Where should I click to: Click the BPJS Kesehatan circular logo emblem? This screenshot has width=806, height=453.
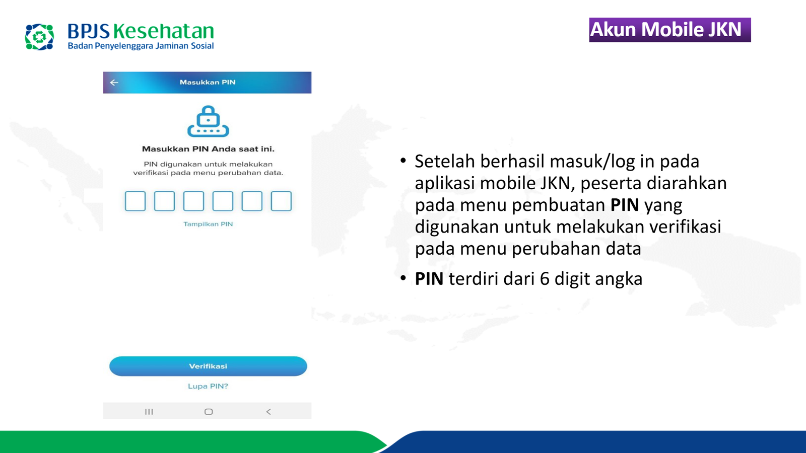tap(40, 37)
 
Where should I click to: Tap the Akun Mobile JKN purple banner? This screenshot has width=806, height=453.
tap(669, 30)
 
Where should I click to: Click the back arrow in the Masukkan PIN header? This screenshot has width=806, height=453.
tap(114, 83)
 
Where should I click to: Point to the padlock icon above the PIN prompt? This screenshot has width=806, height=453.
tap(208, 121)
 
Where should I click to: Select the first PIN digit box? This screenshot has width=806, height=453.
tap(136, 201)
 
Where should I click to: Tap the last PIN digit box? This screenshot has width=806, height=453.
tap(281, 201)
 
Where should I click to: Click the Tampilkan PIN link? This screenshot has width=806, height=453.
tap(208, 224)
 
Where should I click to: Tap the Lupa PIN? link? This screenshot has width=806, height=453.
tap(208, 386)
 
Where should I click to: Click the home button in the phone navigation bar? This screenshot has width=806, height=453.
tap(209, 412)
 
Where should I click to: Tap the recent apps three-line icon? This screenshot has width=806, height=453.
tap(149, 412)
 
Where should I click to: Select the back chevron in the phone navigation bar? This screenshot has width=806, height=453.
tap(268, 412)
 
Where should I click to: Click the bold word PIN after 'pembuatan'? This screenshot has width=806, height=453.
tap(625, 205)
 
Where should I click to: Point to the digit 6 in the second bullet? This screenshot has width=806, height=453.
tap(545, 279)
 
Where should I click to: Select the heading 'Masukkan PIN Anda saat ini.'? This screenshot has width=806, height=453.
tap(208, 149)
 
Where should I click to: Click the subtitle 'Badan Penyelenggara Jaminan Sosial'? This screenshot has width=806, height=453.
tap(141, 46)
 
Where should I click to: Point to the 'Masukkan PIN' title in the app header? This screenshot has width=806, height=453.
tap(208, 83)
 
